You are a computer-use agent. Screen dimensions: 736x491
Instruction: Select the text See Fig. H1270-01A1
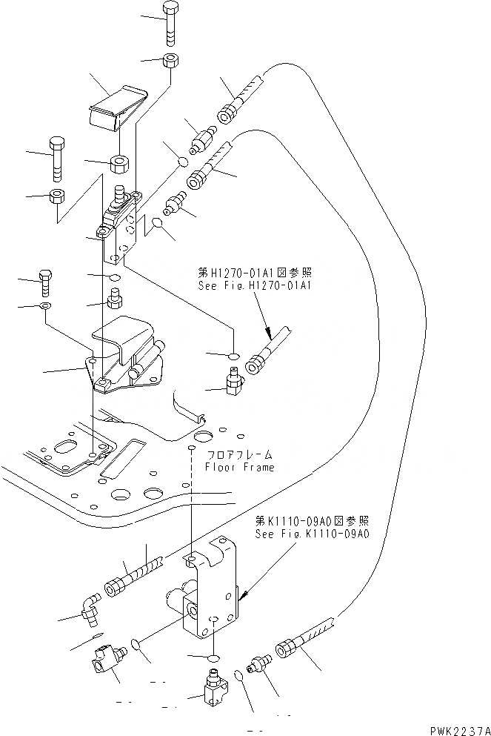[x=241, y=285]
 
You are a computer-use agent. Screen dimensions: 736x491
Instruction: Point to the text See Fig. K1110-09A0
[x=311, y=534]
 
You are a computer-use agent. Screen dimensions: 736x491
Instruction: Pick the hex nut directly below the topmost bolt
[x=170, y=62]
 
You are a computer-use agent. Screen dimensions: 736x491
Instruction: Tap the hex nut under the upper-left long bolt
[x=56, y=197]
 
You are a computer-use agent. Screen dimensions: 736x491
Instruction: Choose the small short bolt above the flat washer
[x=44, y=281]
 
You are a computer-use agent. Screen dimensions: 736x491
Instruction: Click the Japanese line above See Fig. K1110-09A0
[x=311, y=522]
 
